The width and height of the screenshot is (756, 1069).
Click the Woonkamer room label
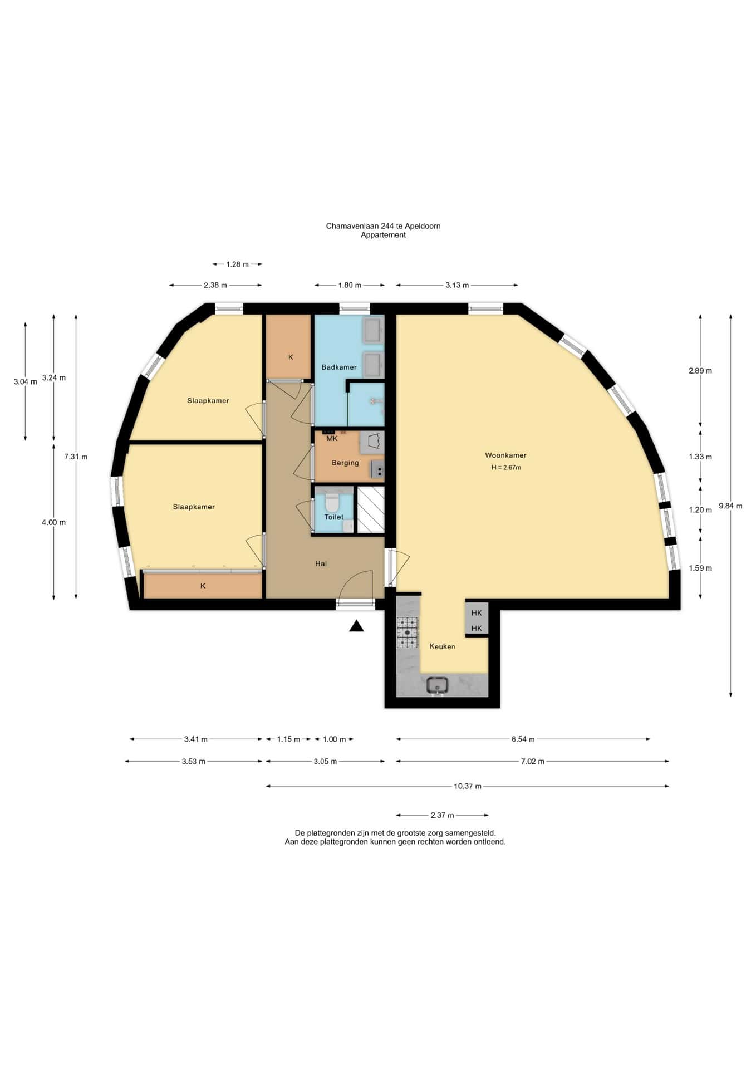point(505,455)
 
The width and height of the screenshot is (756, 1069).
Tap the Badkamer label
point(339,367)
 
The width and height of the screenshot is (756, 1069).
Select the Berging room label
point(345,463)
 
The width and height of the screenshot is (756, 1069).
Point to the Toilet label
point(334,517)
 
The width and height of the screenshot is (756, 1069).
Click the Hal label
point(321,564)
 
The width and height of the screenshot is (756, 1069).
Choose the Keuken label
point(443,646)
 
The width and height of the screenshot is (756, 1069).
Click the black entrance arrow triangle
point(356,626)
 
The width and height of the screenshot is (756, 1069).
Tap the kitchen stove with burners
point(407,632)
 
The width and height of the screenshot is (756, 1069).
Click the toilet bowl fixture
point(332,503)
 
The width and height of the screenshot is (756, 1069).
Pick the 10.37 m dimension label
point(468,786)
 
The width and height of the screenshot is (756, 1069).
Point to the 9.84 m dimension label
point(730,506)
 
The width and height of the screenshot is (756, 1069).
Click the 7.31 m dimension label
point(76,457)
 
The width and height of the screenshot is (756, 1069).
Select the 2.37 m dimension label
point(443,815)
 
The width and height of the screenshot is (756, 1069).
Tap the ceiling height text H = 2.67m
point(506,468)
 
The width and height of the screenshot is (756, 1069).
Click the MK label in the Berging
point(332,439)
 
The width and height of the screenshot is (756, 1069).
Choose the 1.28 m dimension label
point(237,264)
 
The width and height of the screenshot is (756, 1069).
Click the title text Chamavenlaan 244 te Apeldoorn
point(383,226)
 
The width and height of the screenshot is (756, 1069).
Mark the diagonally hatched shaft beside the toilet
point(371,509)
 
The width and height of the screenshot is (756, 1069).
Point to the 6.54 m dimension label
point(523,739)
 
